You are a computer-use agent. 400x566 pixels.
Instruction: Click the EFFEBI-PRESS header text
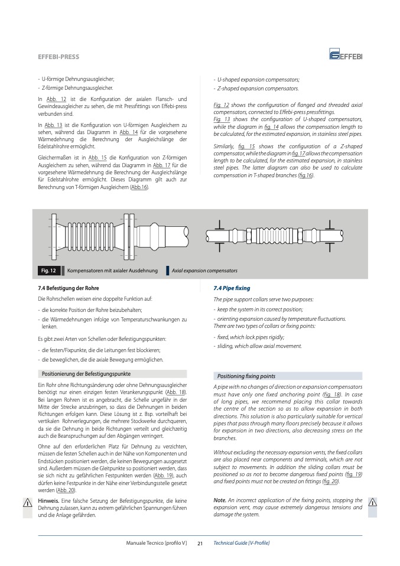coord(58,57)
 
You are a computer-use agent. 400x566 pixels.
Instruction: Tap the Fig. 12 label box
coord(48,271)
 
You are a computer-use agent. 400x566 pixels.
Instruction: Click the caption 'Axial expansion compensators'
coord(204,271)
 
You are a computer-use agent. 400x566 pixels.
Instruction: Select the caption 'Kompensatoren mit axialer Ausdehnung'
coord(113,271)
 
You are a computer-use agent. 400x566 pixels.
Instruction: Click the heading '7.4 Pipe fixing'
coord(232,288)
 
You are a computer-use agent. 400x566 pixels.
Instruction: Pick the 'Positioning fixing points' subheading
coord(246,376)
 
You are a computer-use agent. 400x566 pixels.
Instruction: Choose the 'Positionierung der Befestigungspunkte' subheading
coord(86,374)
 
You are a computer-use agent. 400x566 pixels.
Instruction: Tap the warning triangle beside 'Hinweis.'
coord(27,502)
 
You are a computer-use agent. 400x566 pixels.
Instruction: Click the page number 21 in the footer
coord(200,543)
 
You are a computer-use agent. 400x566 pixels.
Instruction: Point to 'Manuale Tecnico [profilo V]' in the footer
coord(156,543)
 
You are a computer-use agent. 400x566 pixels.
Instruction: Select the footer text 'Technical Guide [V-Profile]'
coord(241,543)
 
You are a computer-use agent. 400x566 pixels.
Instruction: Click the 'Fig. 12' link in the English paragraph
coord(221,105)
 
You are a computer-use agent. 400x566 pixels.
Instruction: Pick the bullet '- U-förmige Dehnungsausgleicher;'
coord(76,79)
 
